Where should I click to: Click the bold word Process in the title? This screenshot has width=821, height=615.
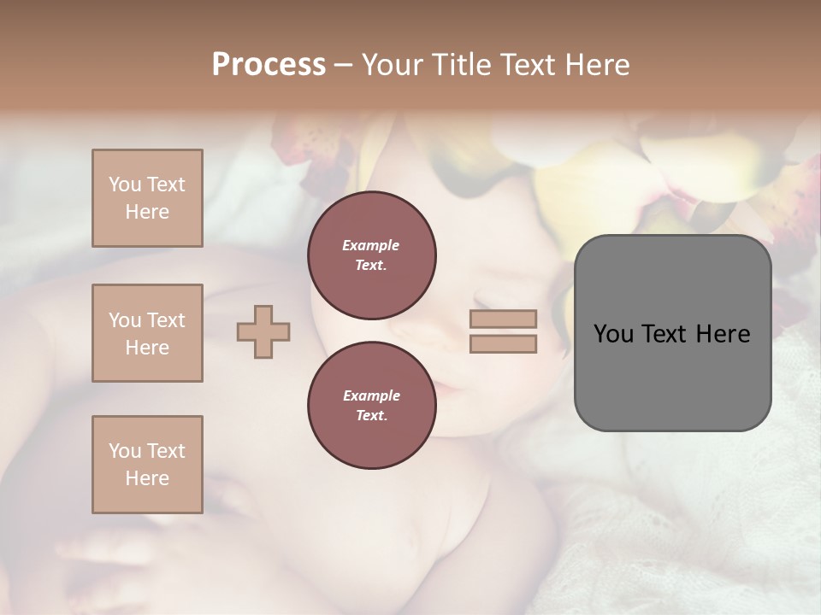click(x=269, y=65)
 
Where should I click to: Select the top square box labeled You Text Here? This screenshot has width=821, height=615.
click(x=147, y=198)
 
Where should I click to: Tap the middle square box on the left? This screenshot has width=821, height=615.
click(x=147, y=333)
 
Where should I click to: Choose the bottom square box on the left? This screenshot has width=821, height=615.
click(x=147, y=465)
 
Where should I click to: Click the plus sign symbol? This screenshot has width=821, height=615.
click(x=263, y=331)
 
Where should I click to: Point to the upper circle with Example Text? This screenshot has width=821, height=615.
click(x=371, y=255)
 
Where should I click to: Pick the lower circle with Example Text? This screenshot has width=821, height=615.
click(x=371, y=405)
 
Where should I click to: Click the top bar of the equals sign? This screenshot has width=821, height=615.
click(x=503, y=319)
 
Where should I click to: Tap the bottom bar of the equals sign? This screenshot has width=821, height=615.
click(x=503, y=343)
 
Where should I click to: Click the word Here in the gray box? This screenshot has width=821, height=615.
click(x=723, y=334)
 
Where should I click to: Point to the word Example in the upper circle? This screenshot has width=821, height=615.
click(x=371, y=245)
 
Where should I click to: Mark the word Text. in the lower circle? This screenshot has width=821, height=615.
click(x=371, y=415)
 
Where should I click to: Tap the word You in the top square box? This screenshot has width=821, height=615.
click(x=124, y=184)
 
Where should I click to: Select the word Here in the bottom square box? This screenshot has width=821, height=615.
click(x=147, y=478)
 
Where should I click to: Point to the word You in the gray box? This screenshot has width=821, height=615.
click(x=613, y=334)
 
